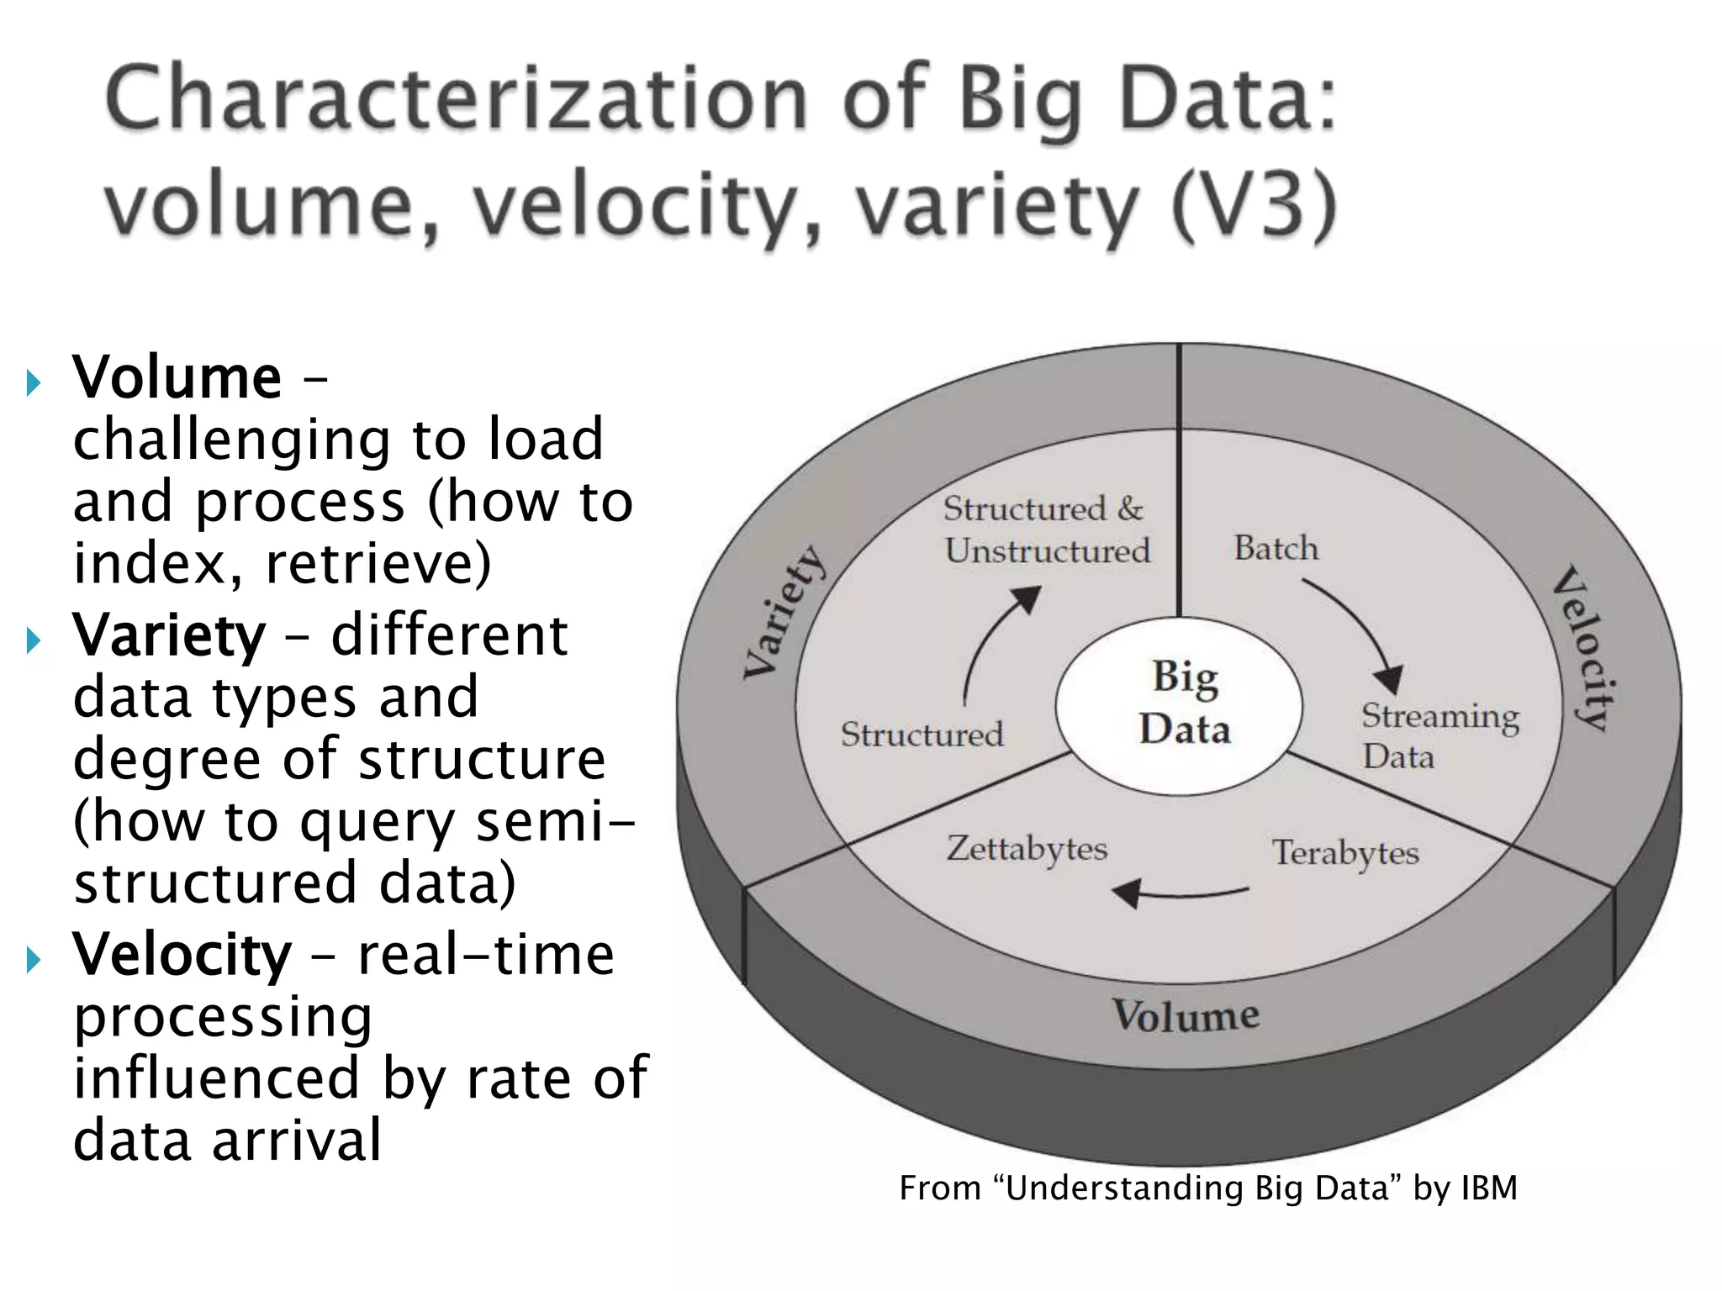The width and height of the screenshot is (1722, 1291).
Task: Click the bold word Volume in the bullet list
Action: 177,377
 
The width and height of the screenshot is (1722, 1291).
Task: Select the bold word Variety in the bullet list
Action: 169,635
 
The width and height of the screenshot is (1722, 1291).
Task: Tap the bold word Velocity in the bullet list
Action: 182,956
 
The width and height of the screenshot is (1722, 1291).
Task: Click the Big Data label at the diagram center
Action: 1185,703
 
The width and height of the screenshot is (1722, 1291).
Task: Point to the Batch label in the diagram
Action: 1276,548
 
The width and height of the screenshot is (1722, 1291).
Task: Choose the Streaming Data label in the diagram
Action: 1439,735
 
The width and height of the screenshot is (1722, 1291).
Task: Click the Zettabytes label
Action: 1027,849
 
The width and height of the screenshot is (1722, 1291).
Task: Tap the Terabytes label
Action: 1344,853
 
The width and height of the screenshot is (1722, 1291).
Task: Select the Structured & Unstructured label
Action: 1046,530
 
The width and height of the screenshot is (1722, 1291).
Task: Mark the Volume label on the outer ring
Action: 1186,1014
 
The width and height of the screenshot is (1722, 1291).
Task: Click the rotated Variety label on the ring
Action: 784,612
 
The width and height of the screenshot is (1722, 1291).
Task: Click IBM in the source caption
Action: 1489,1188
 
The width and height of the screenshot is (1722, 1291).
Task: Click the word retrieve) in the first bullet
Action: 378,563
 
